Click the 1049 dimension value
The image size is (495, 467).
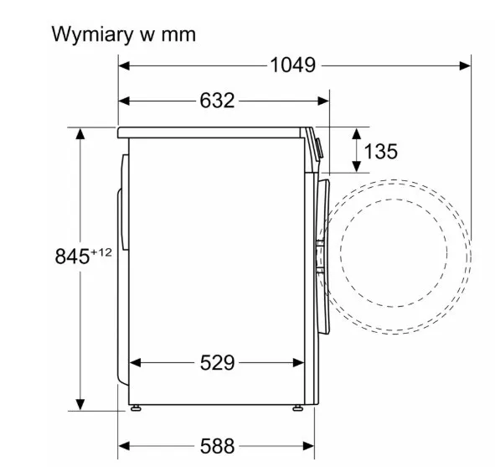point(293,65)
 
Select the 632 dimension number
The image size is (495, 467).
point(217,101)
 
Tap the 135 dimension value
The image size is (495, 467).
point(381,151)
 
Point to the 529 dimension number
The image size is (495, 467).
point(218,362)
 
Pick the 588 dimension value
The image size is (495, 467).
point(218,446)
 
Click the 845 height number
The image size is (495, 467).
point(72,256)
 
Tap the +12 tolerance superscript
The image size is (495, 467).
point(101,252)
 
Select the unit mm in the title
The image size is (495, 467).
point(178,34)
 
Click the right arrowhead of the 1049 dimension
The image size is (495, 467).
point(466,65)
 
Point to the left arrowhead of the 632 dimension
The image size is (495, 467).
point(124,101)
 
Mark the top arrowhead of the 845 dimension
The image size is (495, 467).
point(80,134)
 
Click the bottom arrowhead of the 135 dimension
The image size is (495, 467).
point(357,166)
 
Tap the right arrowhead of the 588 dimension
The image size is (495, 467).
point(308,446)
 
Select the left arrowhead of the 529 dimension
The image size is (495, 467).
point(135,363)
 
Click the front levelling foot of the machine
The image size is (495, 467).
point(297,408)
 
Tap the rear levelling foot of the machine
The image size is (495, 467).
point(136,408)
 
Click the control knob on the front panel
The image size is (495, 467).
point(319,148)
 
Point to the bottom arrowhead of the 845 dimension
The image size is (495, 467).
point(80,405)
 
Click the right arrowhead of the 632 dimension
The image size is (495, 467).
point(323,101)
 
